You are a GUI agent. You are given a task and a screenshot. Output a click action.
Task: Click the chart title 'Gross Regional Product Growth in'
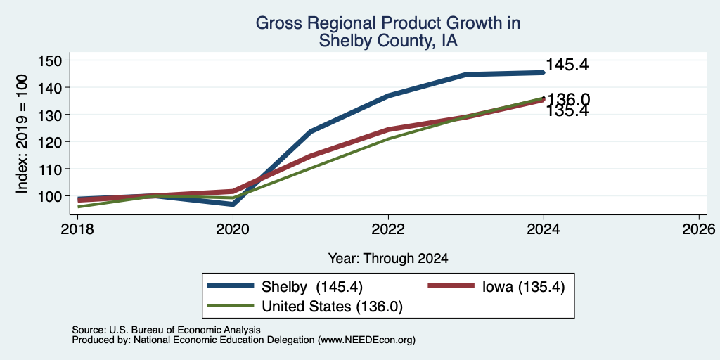(x=388, y=23)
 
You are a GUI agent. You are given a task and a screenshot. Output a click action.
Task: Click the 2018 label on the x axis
(x=77, y=229)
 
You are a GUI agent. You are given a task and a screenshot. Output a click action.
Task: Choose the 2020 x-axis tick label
(x=233, y=229)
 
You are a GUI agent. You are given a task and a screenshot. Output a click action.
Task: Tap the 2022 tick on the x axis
(x=388, y=229)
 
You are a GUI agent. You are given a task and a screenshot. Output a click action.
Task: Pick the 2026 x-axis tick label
(x=699, y=229)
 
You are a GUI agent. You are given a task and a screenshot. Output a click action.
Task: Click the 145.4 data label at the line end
(x=567, y=65)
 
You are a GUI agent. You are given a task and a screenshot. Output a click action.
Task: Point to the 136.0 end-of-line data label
(x=567, y=99)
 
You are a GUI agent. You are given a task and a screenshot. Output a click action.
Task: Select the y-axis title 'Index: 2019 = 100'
(x=22, y=134)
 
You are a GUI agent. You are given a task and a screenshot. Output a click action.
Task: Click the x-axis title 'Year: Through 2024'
(x=388, y=259)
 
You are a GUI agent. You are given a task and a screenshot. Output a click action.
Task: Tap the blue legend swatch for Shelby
(x=231, y=286)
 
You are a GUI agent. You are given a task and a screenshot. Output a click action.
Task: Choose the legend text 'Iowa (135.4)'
(x=523, y=287)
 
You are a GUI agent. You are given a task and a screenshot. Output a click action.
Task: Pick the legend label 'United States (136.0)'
(x=332, y=307)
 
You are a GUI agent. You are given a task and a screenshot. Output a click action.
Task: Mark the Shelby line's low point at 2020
(x=233, y=204)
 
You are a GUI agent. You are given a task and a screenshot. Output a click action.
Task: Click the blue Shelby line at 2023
(x=466, y=75)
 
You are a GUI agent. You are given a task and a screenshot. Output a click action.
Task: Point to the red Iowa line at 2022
(x=388, y=130)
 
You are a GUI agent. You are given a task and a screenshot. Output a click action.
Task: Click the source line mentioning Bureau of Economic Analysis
(x=166, y=330)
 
